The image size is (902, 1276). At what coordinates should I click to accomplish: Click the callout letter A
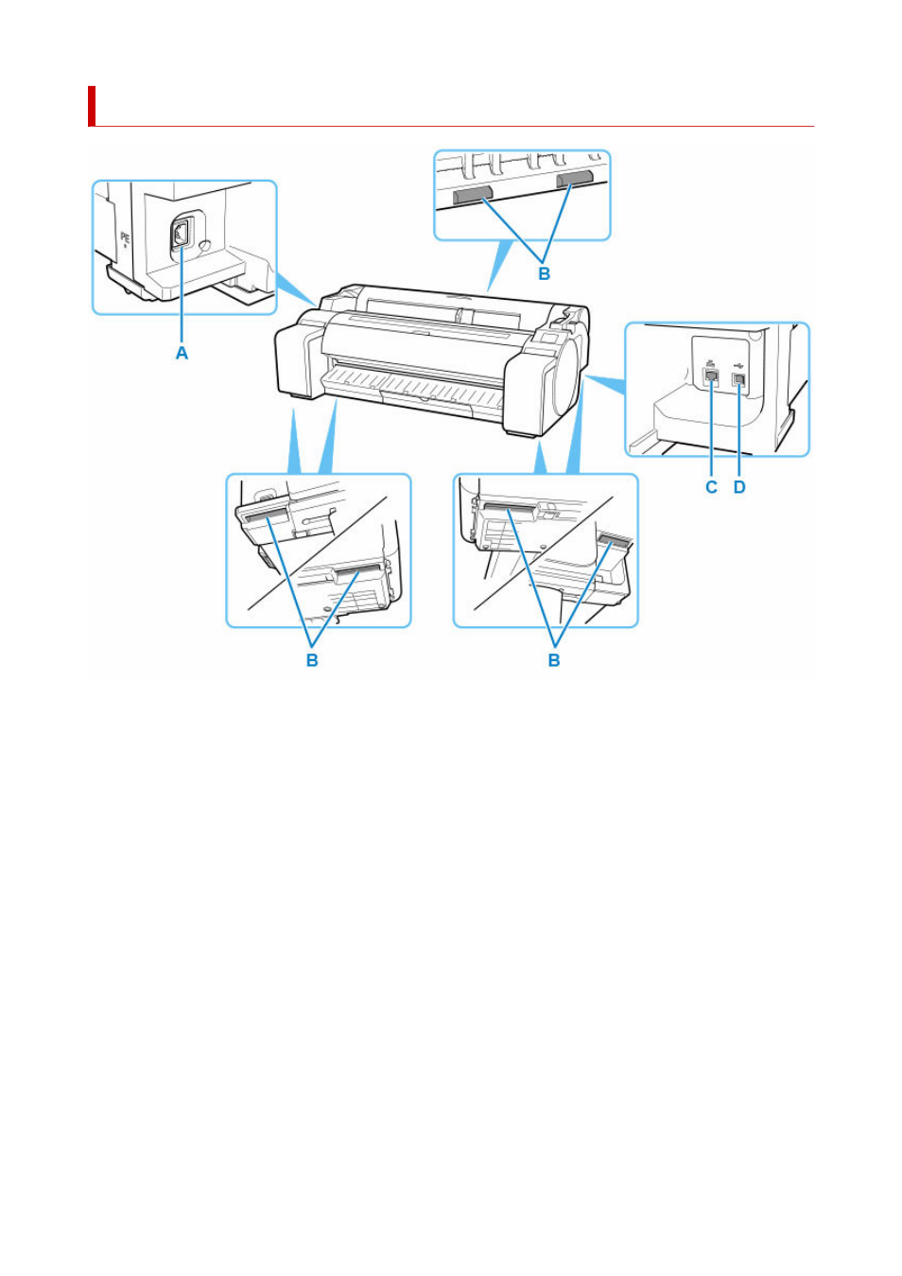[182, 353]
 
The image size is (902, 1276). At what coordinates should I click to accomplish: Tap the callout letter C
[711, 487]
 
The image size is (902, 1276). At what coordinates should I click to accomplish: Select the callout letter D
[739, 487]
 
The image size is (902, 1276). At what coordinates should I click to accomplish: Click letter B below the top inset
[544, 273]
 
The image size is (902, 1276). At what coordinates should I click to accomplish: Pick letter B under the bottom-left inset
[312, 660]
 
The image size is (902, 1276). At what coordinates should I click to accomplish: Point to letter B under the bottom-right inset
[554, 660]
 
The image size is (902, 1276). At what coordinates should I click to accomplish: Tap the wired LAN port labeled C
[712, 378]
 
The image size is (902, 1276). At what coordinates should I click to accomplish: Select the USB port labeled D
[738, 379]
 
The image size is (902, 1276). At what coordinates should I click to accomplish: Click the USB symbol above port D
[738, 362]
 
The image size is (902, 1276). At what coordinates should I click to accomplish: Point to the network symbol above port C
[711, 362]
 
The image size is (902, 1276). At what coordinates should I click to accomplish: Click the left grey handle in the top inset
[472, 196]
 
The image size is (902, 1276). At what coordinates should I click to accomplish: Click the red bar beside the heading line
[92, 106]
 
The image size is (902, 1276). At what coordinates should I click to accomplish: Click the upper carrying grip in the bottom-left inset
[265, 516]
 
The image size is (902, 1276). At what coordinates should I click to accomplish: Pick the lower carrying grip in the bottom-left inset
[356, 572]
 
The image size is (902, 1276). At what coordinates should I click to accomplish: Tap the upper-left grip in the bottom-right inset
[509, 512]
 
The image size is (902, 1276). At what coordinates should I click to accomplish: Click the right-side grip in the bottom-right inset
[615, 543]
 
